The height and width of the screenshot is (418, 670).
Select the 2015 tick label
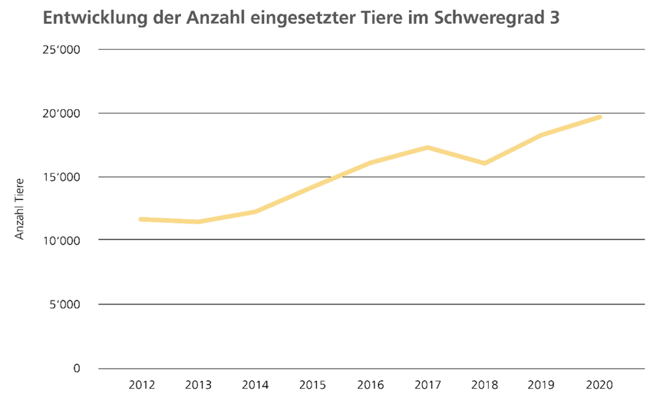tap(312, 383)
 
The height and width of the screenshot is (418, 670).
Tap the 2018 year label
tap(485, 383)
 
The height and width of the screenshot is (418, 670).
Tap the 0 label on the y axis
tap(77, 368)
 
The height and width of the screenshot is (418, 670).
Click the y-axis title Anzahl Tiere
tap(21, 208)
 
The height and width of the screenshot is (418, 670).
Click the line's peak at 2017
tap(427, 147)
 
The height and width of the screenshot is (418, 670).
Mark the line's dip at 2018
tap(485, 163)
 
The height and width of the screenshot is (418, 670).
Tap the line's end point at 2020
tap(600, 117)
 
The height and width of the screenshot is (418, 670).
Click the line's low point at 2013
tap(198, 222)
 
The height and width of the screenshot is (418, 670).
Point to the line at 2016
tap(370, 163)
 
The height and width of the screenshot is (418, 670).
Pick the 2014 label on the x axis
tap(255, 383)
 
